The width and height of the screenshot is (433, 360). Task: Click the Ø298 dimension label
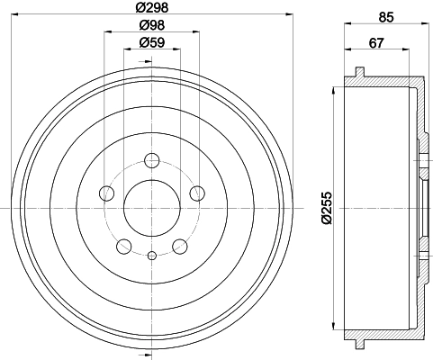point(151,7)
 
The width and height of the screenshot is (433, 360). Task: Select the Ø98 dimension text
point(152,25)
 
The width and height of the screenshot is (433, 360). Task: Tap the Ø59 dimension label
point(152,42)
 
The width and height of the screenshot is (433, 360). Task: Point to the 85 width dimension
point(386,17)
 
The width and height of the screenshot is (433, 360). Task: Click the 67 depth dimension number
point(376,43)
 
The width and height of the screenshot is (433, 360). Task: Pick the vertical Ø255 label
point(327,208)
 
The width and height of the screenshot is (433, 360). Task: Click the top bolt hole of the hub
point(152,160)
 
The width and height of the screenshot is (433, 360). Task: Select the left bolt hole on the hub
point(106,193)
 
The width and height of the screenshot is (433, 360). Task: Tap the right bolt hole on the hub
point(197,193)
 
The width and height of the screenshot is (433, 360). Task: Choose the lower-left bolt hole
point(124,247)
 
